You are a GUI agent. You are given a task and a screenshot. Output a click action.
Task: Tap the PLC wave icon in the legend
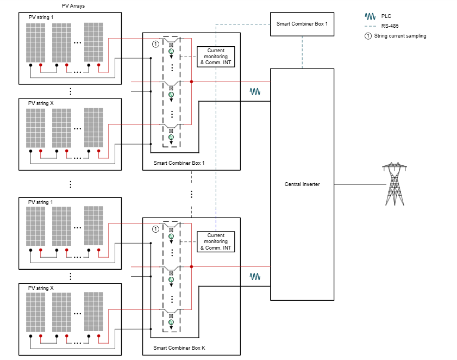coord(371,16)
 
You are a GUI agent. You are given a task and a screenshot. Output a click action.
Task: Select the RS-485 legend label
coord(390,26)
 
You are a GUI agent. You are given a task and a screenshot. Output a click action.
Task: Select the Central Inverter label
coord(302,184)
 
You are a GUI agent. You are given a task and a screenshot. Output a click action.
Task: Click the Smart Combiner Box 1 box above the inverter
coord(302,24)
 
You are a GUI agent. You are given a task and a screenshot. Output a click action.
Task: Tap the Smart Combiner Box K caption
coord(179,347)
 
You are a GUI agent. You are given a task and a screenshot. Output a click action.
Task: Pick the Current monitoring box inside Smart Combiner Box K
coord(216,241)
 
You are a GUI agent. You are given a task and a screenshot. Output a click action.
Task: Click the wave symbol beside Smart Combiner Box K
coord(255,276)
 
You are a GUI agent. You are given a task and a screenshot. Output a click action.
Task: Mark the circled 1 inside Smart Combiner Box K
coord(155,229)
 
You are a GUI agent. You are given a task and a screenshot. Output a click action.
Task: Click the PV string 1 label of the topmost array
coord(41,17)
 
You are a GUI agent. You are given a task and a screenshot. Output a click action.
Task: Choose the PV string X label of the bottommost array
coord(41,288)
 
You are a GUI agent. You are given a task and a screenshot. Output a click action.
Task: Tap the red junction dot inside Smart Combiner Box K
coord(191,266)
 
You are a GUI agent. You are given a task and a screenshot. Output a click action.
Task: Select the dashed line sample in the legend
coord(371,26)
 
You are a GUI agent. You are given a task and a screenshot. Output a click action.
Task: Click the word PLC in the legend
coord(386,16)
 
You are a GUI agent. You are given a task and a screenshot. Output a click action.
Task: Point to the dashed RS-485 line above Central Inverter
coord(302,52)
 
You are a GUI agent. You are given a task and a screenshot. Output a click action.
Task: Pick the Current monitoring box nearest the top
coord(216,57)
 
